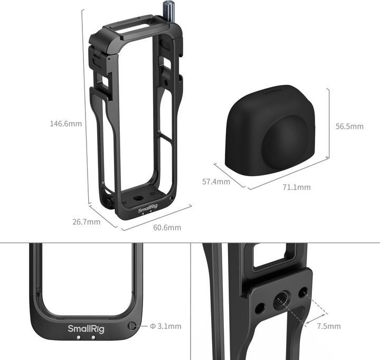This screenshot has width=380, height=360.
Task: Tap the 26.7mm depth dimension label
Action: tap(87, 222)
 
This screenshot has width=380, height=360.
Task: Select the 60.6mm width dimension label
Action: tap(167, 228)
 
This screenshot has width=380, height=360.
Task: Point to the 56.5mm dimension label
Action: tap(349, 127)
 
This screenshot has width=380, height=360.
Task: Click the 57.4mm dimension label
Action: tap(216, 182)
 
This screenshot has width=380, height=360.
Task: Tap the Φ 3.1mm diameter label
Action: tap(166, 326)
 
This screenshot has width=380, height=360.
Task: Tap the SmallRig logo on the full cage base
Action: tap(148, 210)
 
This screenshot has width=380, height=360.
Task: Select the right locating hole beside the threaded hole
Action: tap(303, 291)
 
